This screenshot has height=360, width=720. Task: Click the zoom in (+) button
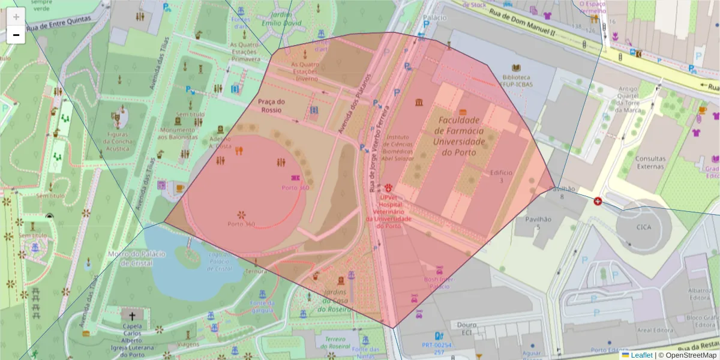16,17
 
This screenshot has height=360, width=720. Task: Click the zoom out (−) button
16,35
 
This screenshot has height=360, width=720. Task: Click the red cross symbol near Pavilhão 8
598,201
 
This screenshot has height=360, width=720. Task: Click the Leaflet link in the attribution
641,355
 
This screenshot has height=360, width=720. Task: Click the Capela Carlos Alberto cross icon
132,314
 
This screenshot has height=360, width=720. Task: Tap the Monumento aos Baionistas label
178,133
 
